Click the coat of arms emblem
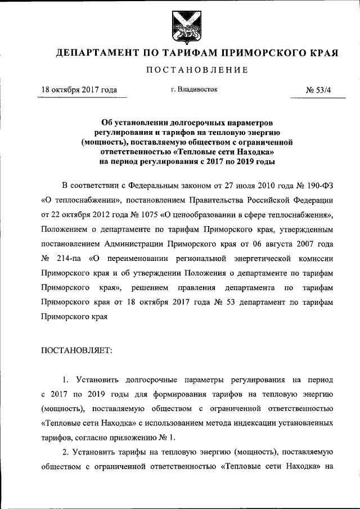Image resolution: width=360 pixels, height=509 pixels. (180, 26)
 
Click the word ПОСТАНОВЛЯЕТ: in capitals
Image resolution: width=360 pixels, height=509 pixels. (77, 350)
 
